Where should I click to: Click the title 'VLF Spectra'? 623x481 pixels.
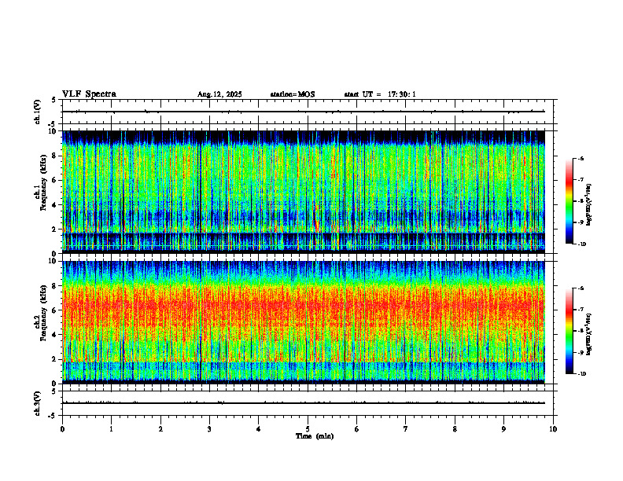point(89,94)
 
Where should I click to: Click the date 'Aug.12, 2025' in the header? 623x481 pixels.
point(219,94)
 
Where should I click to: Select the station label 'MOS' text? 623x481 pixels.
point(306,94)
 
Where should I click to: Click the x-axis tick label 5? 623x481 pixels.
point(308,428)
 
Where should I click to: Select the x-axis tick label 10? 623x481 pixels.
point(553,428)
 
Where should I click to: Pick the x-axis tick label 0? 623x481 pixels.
point(62,428)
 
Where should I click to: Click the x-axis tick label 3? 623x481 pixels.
point(209,428)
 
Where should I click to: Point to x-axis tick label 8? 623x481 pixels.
point(455,428)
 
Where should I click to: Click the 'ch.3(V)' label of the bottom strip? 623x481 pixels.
point(38,402)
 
